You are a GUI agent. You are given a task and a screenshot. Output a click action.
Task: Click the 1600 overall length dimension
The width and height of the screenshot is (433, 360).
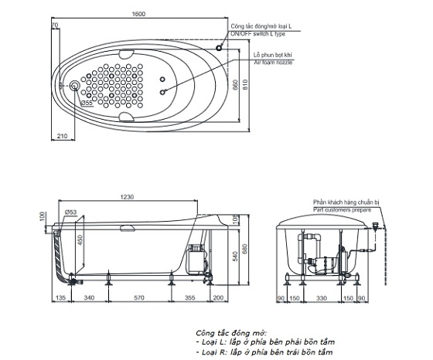pyautogui.click(x=138, y=14)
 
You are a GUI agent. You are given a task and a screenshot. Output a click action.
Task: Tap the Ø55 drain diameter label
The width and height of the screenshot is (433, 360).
pyautogui.click(x=87, y=103)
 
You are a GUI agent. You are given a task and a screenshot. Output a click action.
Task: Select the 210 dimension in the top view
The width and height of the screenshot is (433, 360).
pyautogui.click(x=62, y=136)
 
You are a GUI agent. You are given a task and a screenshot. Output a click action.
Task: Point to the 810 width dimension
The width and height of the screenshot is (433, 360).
pyautogui.click(x=245, y=84)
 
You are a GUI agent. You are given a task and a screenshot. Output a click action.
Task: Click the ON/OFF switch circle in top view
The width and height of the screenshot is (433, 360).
pyautogui.click(x=219, y=48)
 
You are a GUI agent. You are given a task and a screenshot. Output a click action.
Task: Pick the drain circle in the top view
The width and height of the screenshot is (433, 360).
pyautogui.click(x=74, y=86)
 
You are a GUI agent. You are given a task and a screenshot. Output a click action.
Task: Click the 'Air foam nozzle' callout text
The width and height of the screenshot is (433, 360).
pyautogui.click(x=273, y=63)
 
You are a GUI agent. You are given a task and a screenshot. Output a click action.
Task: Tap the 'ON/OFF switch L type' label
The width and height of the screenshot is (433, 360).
pyautogui.click(x=258, y=34)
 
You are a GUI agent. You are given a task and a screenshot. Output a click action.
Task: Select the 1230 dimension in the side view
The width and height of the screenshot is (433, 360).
pyautogui.click(x=127, y=197)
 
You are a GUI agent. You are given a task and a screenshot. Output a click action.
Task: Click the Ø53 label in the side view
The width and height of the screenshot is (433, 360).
pyautogui.click(x=70, y=212)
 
